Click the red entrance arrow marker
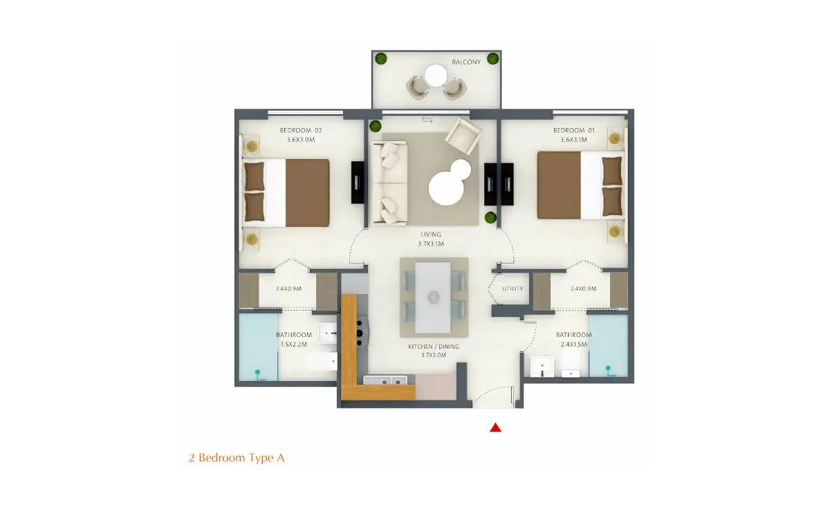(x=495, y=428)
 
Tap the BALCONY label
(x=466, y=62)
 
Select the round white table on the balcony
(x=436, y=75)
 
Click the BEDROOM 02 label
(x=301, y=131)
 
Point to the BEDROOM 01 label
(x=574, y=131)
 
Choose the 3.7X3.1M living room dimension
(x=431, y=244)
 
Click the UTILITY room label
(x=513, y=288)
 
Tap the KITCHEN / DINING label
(x=434, y=347)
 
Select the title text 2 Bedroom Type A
(x=237, y=458)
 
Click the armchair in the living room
(x=463, y=136)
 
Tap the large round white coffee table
(x=447, y=188)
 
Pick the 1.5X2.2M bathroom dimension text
(x=294, y=344)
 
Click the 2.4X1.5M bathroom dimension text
(x=573, y=344)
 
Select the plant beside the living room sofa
(x=376, y=126)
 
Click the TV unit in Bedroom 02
(x=358, y=182)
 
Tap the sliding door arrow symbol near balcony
(x=427, y=120)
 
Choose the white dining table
(x=433, y=297)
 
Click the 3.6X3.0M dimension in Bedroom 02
(x=301, y=140)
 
